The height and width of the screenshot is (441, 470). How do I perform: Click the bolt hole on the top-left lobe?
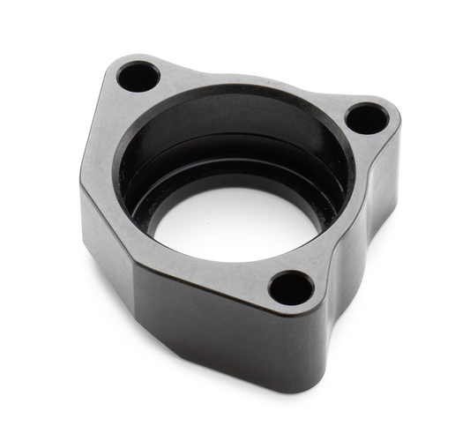tap(138, 76)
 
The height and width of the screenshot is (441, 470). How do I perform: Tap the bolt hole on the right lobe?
tap(366, 116)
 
